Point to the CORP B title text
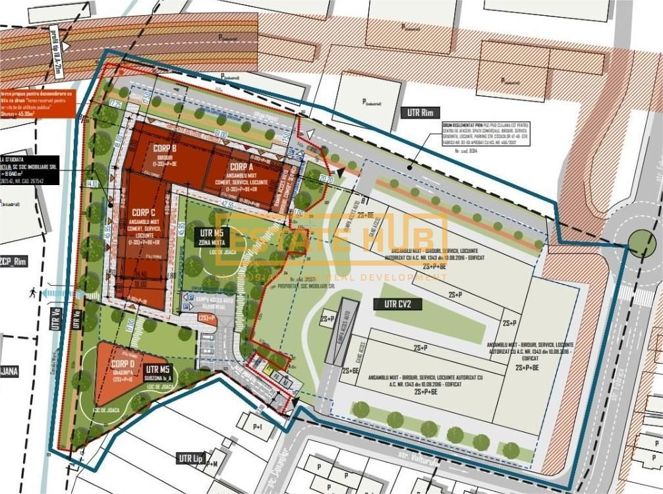click(x=164, y=148)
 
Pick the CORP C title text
click(x=143, y=212)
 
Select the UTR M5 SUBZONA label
click(x=158, y=373)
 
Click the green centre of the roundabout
click(x=641, y=243)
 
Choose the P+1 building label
click(x=256, y=427)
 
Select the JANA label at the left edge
click(x=9, y=371)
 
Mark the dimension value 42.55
click(x=227, y=204)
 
